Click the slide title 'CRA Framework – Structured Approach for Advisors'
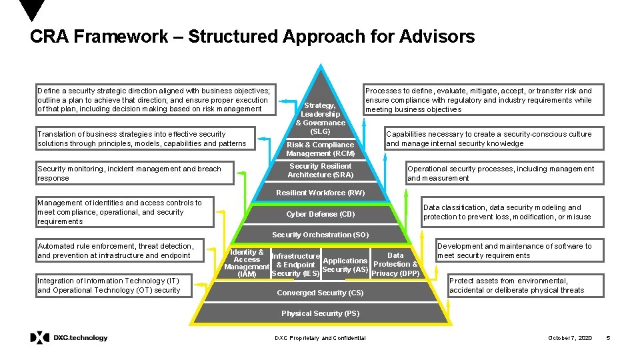pyautogui.click(x=252, y=37)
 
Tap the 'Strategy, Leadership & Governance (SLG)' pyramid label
pyautogui.click(x=320, y=118)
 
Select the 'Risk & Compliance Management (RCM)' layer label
pyautogui.click(x=320, y=149)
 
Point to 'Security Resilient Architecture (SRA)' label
pyautogui.click(x=320, y=171)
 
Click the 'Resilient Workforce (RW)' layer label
pyautogui.click(x=320, y=193)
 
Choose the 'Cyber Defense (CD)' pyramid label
pyautogui.click(x=320, y=214)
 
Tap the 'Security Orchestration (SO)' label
pyautogui.click(x=320, y=235)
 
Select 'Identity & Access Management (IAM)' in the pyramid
pyautogui.click(x=247, y=263)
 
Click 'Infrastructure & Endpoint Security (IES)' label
pyautogui.click(x=296, y=265)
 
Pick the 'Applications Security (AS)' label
pyautogui.click(x=345, y=265)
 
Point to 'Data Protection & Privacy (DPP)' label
pyautogui.click(x=395, y=264)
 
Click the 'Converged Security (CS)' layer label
pyautogui.click(x=320, y=293)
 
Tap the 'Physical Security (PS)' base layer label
pyautogui.click(x=320, y=313)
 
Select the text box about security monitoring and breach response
pyautogui.click(x=135, y=173)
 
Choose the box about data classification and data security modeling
pyautogui.click(x=512, y=212)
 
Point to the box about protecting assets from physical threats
pyautogui.click(x=525, y=285)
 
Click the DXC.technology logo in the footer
pyautogui.click(x=69, y=338)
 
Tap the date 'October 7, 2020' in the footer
pyautogui.click(x=569, y=339)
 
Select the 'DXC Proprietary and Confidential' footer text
pyautogui.click(x=320, y=339)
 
